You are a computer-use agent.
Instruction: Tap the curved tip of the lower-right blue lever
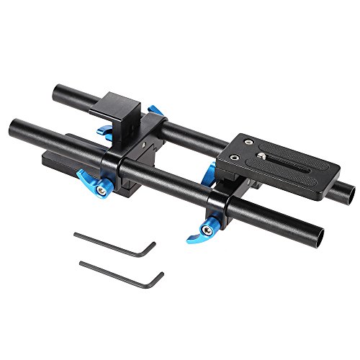(x=191, y=238)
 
